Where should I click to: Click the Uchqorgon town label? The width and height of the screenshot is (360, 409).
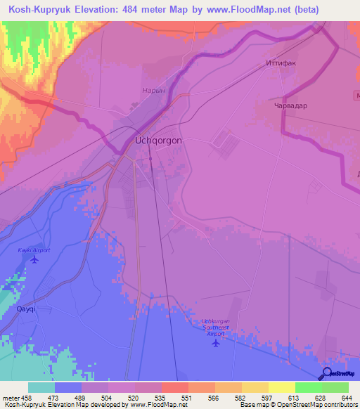[158, 141]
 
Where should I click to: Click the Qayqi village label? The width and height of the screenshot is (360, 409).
[25, 309]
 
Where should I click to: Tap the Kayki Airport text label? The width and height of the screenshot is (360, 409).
[34, 250]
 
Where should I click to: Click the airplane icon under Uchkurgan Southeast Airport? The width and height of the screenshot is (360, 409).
[214, 342]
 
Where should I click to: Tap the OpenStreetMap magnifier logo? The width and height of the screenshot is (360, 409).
[325, 373]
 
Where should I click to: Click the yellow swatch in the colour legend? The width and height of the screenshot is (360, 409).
[281, 387]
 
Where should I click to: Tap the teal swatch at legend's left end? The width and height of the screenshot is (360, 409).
[41, 387]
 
